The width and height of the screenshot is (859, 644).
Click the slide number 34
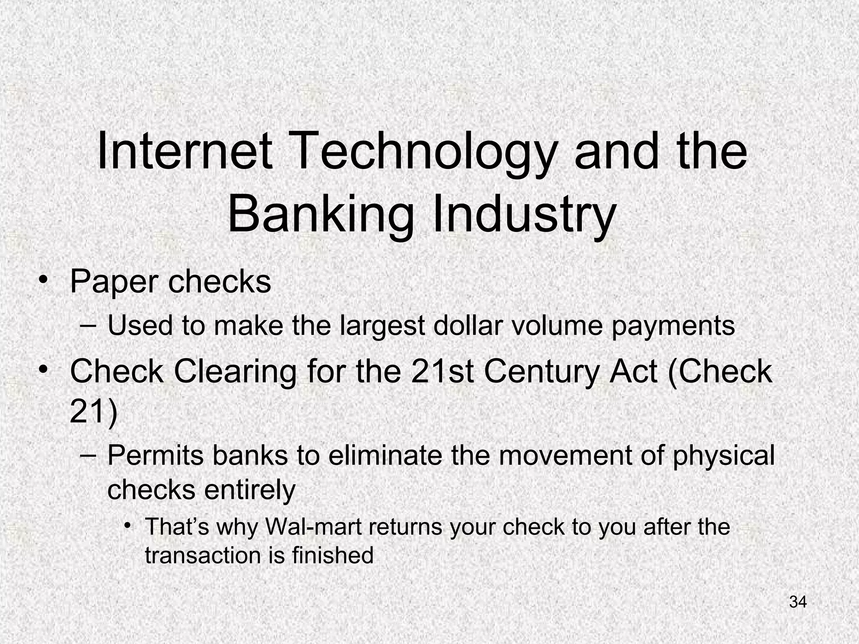click(x=798, y=602)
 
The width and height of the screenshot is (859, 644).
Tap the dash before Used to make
click(x=88, y=326)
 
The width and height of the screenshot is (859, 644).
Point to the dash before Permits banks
click(x=88, y=455)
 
